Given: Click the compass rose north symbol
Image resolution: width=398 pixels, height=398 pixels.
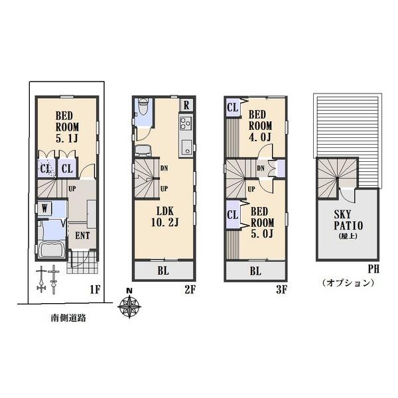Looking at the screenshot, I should [129, 306].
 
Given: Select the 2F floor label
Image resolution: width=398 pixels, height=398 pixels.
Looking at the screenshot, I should [189, 289].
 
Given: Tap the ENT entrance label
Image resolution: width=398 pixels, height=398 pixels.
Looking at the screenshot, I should [83, 234].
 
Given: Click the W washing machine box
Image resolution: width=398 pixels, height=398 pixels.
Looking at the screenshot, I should [44, 208].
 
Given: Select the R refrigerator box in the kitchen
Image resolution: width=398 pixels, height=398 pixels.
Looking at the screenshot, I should [186, 105].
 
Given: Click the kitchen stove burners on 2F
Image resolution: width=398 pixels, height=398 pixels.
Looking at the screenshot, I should [185, 123].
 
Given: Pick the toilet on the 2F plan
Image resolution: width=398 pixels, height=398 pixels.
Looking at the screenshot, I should [142, 110].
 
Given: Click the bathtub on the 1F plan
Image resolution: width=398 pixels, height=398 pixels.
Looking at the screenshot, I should [50, 251].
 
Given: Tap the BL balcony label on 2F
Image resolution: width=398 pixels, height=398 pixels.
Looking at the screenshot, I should [163, 271].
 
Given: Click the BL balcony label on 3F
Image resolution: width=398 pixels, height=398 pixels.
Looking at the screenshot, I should [255, 271].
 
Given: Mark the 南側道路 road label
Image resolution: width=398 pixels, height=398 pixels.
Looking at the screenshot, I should [68, 318].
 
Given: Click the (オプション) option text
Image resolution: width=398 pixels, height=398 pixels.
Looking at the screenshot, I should [348, 283].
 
